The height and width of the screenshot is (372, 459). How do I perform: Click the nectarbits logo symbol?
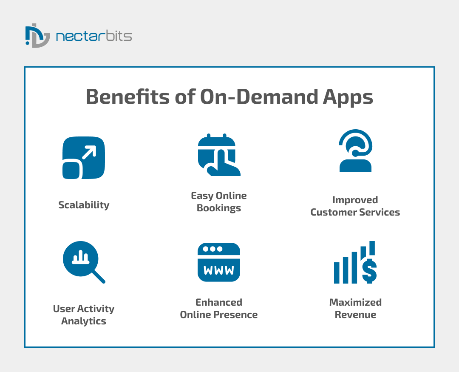(37, 36)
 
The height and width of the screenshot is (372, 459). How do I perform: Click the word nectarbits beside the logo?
(94, 36)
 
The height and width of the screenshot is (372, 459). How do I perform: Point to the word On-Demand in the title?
(257, 97)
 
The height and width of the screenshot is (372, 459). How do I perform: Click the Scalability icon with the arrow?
(84, 158)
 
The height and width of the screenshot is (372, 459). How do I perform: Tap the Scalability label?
(84, 205)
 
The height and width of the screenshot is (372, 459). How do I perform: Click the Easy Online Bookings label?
(219, 202)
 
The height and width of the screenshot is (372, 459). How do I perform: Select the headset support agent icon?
(356, 151)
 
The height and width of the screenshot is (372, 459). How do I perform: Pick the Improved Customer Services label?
(355, 206)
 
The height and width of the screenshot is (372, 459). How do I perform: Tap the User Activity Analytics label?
(84, 315)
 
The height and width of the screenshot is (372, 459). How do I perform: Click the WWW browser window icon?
(219, 262)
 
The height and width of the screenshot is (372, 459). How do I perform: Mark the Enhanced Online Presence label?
(219, 309)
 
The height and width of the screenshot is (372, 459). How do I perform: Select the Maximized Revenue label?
(355, 309)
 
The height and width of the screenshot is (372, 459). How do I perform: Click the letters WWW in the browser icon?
(219, 270)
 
